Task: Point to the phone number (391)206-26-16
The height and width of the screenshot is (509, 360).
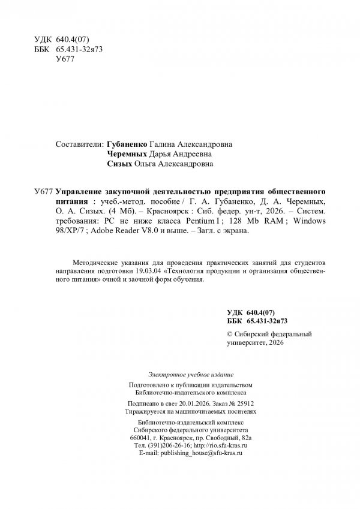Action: pos(163,447)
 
